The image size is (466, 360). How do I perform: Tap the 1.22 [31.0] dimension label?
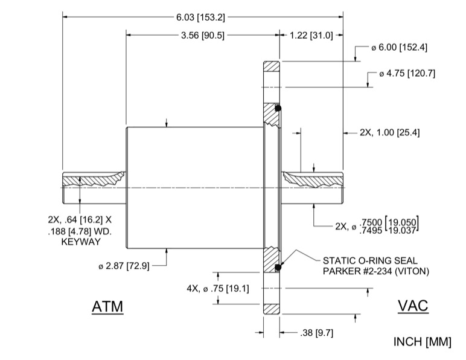tap(311, 36)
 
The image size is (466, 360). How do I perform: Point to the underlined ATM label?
tap(107, 307)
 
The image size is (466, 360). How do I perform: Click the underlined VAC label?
tap(413, 306)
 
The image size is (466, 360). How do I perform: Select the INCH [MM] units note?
tap(422, 342)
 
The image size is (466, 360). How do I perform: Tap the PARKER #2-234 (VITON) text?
tap(376, 271)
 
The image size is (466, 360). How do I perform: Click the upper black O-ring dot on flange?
tap(278, 109)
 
